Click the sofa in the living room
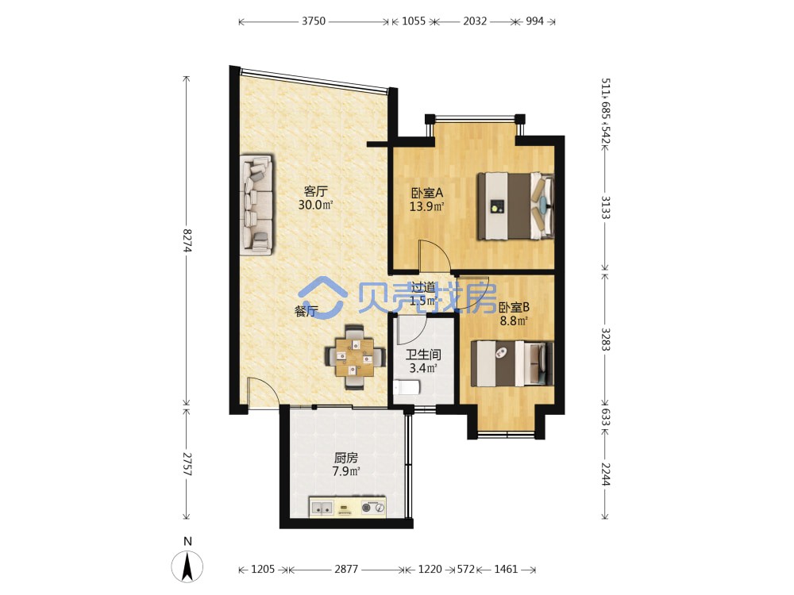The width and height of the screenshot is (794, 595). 256,204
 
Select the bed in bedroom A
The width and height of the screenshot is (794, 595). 515,206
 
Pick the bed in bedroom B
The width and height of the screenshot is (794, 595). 512,363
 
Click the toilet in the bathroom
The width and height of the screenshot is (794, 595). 407,388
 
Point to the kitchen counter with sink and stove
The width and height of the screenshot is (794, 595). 348,507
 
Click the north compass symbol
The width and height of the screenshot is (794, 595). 187,561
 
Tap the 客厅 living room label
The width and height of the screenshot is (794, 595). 315,191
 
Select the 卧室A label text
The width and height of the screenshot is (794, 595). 427,193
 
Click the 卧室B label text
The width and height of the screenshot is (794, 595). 514,307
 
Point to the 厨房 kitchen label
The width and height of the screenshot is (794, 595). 346,458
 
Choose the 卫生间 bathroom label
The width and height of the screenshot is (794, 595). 423,355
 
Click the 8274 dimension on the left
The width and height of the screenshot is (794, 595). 187,240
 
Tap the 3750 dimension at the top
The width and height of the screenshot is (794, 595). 314,21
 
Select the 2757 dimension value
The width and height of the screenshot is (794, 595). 187,463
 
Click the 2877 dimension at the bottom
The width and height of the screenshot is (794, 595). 346,569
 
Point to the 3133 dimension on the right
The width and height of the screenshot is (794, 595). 605,207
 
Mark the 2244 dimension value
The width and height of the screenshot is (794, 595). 605,474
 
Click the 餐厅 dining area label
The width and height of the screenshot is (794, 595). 306,311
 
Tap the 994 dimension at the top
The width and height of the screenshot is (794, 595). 534,21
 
